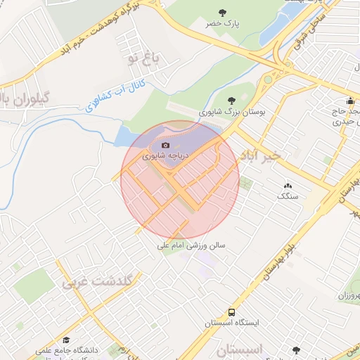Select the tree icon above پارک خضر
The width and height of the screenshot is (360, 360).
223,12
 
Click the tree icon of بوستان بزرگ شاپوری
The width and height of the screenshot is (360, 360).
233,99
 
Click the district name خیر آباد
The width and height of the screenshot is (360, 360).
259,154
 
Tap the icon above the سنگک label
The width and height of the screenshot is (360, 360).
288,186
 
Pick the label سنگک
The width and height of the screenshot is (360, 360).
288,196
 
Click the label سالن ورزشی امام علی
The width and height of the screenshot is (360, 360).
191,246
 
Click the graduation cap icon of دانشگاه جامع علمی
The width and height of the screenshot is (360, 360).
66,338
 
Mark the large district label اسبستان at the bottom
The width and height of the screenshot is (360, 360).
238,349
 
